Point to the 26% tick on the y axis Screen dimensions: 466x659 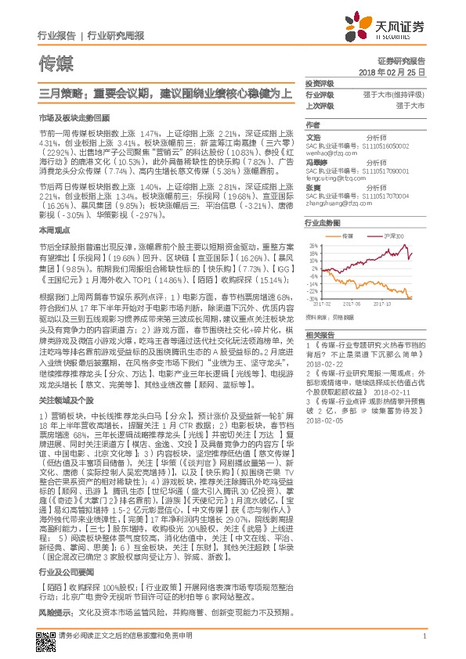click(314, 245)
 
